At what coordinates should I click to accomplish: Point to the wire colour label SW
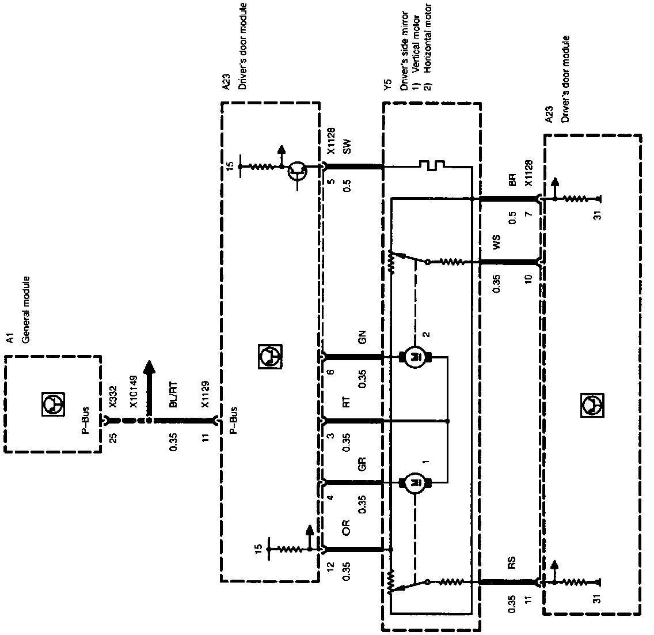tap(347, 148)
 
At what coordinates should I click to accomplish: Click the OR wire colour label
tap(346, 528)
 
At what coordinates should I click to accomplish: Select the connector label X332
tap(113, 396)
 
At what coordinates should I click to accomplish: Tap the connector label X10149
tap(134, 391)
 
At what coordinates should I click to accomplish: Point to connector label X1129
tap(205, 394)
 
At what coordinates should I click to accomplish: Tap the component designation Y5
tap(387, 86)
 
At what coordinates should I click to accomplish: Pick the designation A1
tap(9, 338)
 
